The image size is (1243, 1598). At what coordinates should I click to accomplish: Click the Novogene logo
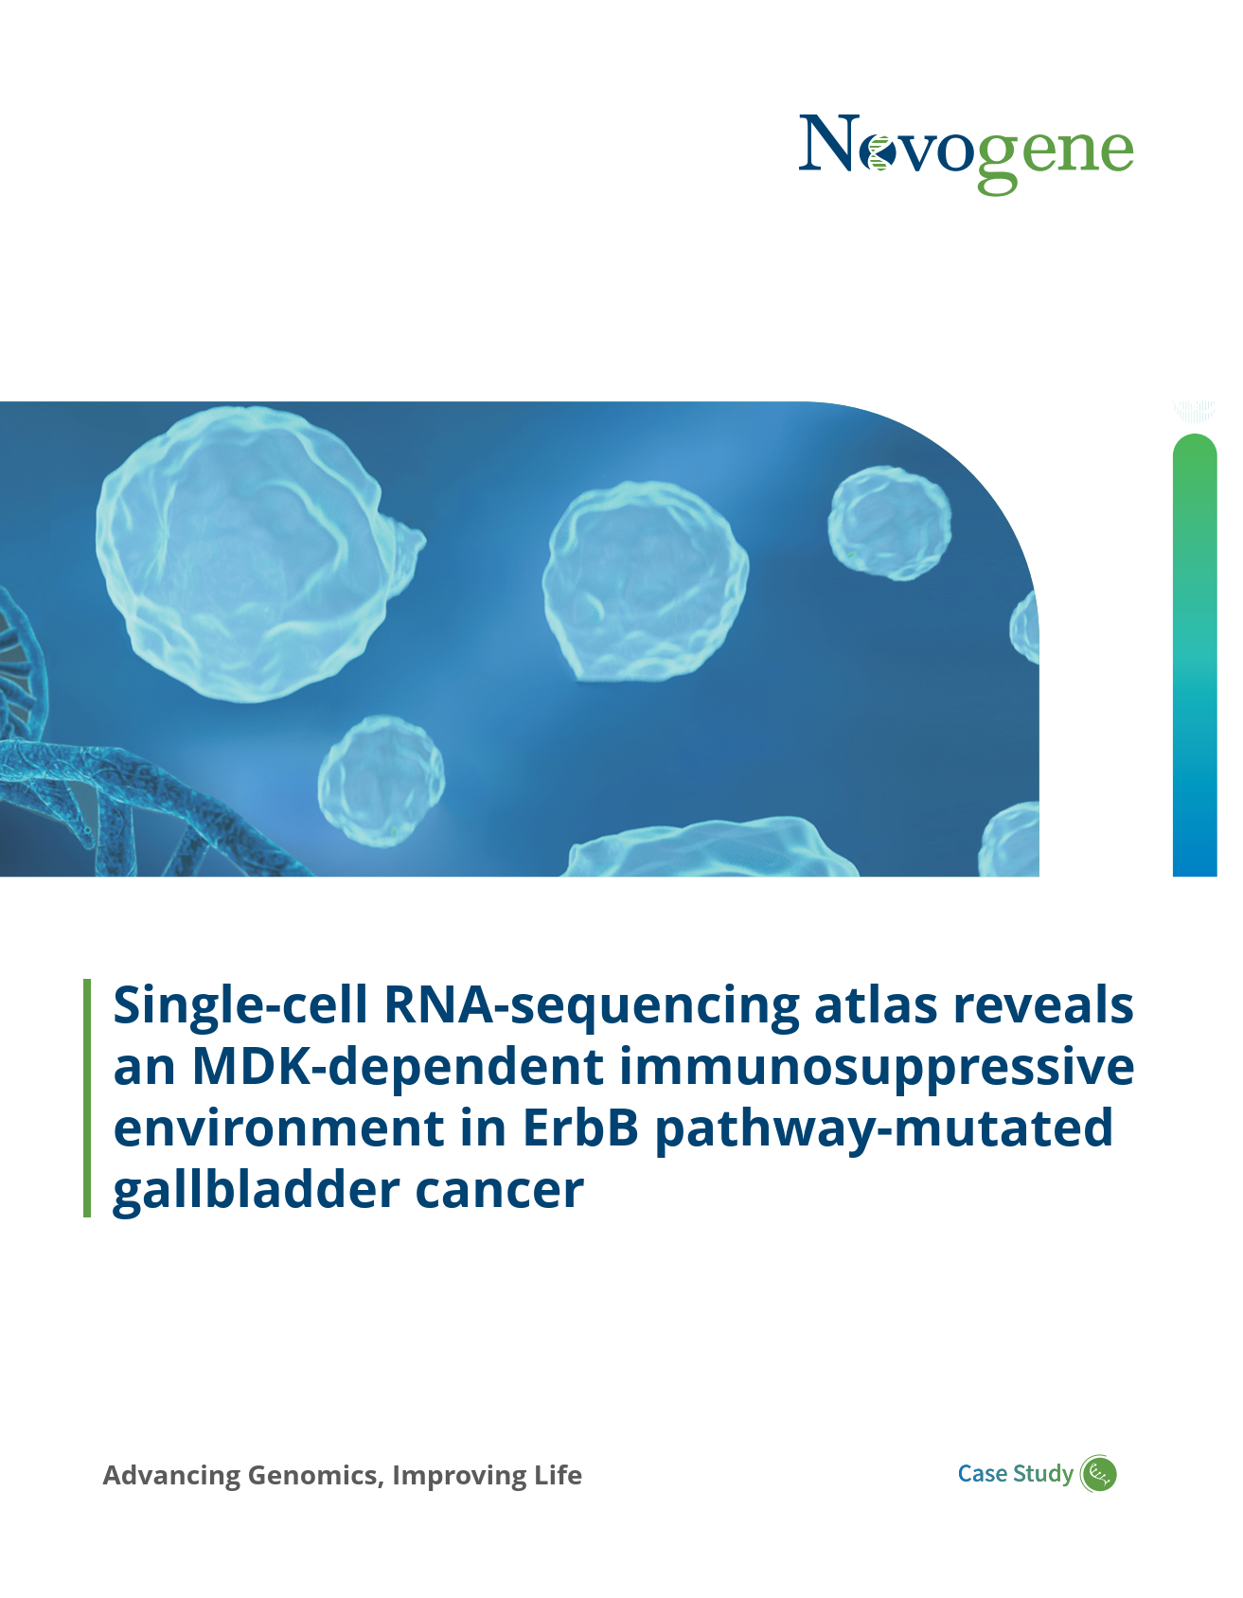point(966,152)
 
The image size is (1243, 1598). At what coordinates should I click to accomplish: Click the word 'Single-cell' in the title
point(240,1005)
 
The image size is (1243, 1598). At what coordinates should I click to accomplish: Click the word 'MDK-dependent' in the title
point(399,1067)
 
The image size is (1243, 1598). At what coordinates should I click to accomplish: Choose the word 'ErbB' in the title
point(580,1128)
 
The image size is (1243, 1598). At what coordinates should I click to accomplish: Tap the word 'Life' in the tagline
point(558,1475)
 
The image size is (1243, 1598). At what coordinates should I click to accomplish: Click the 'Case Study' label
point(1016,1474)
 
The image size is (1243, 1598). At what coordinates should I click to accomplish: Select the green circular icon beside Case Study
point(1099,1474)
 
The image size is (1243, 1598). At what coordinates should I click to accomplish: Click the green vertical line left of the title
point(87,1098)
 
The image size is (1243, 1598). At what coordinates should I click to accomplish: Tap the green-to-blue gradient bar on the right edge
point(1195,655)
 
